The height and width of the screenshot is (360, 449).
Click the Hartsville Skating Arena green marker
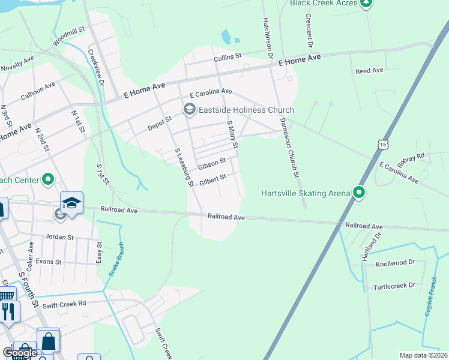359,193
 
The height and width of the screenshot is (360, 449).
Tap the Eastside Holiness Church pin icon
190,109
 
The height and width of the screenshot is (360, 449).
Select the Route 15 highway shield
382,145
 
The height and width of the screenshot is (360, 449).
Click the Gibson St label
212,161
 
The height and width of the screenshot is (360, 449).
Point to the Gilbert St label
212,178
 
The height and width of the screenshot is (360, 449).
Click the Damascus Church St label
289,148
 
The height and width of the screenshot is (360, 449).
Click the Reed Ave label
369,71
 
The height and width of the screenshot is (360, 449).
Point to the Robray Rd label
411,158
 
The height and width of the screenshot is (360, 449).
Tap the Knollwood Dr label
395,263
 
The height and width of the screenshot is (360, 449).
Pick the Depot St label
160,123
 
